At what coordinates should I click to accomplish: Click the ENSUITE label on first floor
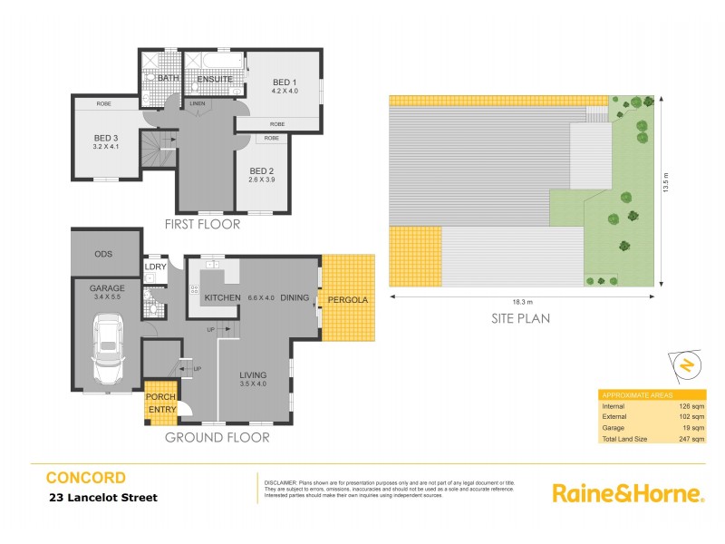(x=216, y=80)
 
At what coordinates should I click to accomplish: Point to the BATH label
(x=169, y=79)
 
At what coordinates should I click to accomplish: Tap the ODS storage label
(x=103, y=253)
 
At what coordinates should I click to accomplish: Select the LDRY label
(x=155, y=267)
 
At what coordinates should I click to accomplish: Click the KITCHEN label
(x=222, y=297)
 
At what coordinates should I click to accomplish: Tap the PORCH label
(x=160, y=397)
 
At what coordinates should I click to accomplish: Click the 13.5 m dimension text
(x=666, y=190)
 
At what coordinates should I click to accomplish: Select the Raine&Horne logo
(x=628, y=493)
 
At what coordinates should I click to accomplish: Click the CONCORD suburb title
(x=86, y=478)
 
